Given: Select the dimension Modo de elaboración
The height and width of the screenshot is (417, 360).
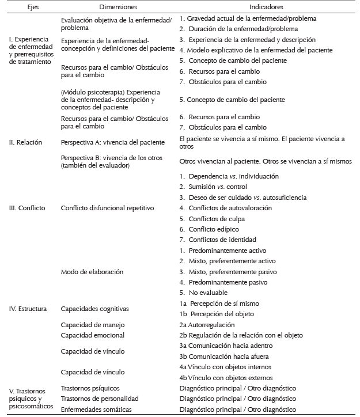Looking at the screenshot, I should coord(92,271).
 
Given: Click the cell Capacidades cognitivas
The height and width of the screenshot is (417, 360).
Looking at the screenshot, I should coord(95,309).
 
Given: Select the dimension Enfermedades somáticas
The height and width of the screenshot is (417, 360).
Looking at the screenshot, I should coord(97,409).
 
